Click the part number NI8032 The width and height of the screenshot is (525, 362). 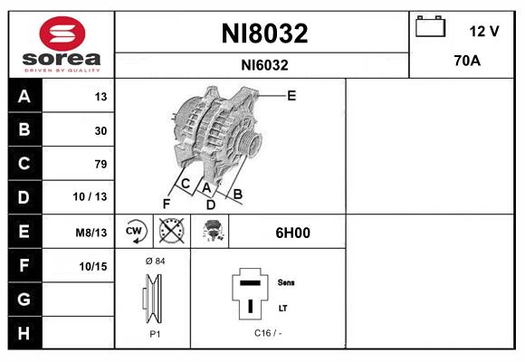(x=264, y=33)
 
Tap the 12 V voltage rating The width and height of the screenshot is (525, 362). (x=484, y=32)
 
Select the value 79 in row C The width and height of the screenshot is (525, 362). (x=100, y=164)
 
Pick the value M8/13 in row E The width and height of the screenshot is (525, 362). (x=91, y=233)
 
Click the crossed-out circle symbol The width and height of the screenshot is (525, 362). (x=170, y=232)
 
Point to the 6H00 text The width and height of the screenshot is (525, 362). (x=292, y=233)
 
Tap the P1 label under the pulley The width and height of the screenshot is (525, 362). (x=154, y=333)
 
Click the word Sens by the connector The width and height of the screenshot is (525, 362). (x=286, y=282)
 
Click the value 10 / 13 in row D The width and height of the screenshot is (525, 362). (x=91, y=197)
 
